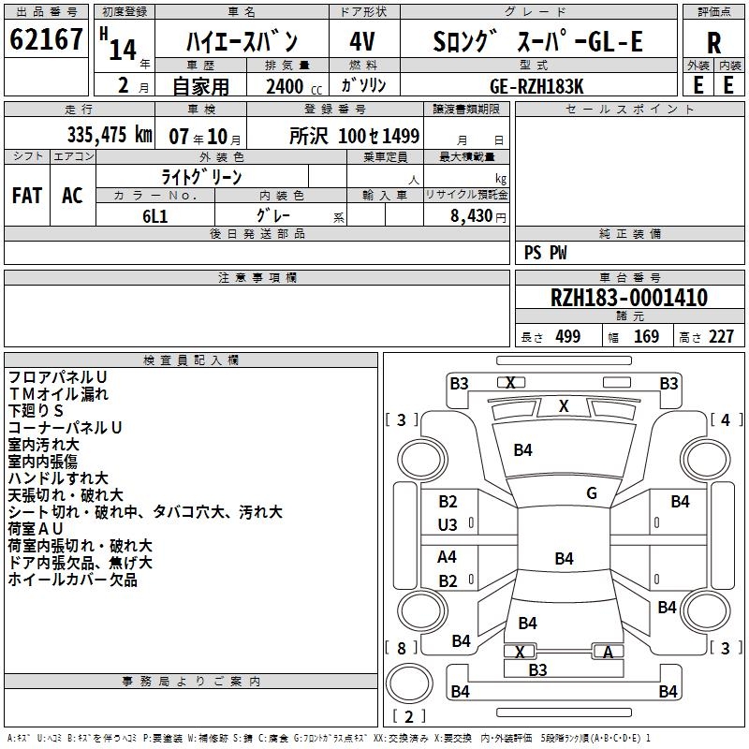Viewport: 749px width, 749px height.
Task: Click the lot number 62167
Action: pyautogui.click(x=46, y=41)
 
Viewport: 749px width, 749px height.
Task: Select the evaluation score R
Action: pyautogui.click(x=713, y=43)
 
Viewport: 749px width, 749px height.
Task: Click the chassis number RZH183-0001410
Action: pyautogui.click(x=629, y=298)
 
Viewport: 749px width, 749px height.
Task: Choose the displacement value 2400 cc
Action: pyautogui.click(x=287, y=86)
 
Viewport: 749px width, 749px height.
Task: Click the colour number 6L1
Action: pyautogui.click(x=155, y=213)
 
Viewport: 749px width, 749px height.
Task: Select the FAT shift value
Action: pyautogui.click(x=27, y=196)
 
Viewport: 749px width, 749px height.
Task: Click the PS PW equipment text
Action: pyautogui.click(x=546, y=252)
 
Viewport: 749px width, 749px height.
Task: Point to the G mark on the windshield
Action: pyautogui.click(x=592, y=493)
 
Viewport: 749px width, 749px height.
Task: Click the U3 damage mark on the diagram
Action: pyautogui.click(x=448, y=525)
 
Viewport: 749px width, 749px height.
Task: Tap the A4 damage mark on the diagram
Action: pyautogui.click(x=448, y=557)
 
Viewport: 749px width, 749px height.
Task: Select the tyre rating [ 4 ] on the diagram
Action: pyautogui.click(x=725, y=420)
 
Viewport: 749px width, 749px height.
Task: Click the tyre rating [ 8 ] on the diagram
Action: pyautogui.click(x=401, y=648)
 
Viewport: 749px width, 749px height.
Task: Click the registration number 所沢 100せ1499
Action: pyautogui.click(x=354, y=136)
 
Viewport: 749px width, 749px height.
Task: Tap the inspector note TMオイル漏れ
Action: pyautogui.click(x=58, y=394)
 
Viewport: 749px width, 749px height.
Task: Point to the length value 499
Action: pyautogui.click(x=567, y=337)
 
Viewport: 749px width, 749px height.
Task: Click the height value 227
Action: pyautogui.click(x=721, y=337)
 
